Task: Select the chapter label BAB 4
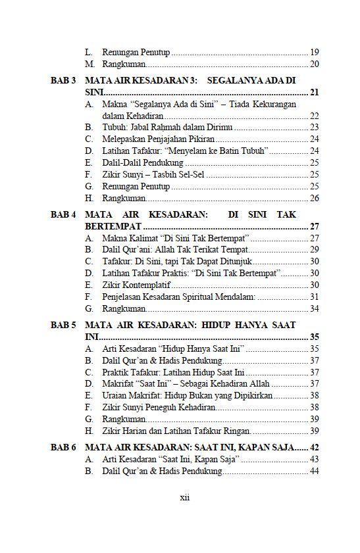(x=63, y=215)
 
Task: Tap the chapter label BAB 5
(x=63, y=325)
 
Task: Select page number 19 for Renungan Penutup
(x=314, y=52)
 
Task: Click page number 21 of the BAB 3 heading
(x=314, y=93)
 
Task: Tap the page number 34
(x=314, y=308)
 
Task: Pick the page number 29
(x=314, y=250)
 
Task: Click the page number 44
(x=314, y=471)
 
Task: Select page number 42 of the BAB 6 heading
(x=314, y=448)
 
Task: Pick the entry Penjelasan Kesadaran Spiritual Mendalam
(x=178, y=297)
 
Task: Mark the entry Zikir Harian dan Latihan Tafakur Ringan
(x=176, y=431)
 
